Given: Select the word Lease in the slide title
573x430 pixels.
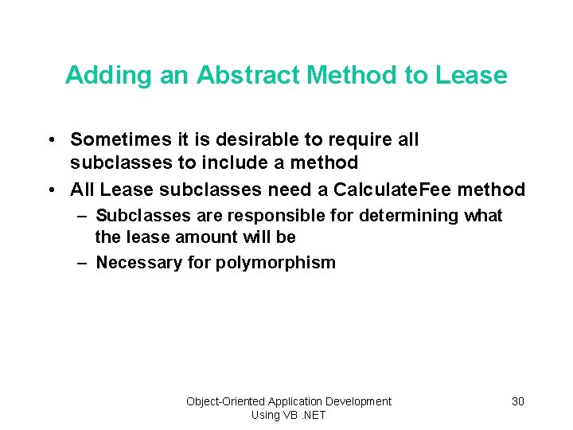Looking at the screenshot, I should [470, 75].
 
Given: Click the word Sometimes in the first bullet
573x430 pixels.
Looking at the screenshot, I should [117, 139].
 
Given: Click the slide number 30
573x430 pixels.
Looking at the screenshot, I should [518, 401].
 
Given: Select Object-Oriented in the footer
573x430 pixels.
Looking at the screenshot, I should [226, 401].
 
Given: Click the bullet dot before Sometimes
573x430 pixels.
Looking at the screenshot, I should [50, 140].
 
